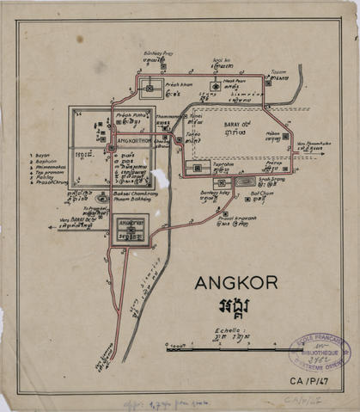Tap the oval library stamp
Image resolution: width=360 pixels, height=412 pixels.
pyautogui.click(x=320, y=353)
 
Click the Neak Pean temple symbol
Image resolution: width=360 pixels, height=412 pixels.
pyautogui.click(x=214, y=87)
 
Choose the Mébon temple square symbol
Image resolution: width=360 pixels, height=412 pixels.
pyautogui.click(x=285, y=136)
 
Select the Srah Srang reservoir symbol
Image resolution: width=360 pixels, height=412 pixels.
pyautogui.click(x=246, y=182)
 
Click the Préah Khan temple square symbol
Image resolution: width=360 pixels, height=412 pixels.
pyautogui.click(x=149, y=89)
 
